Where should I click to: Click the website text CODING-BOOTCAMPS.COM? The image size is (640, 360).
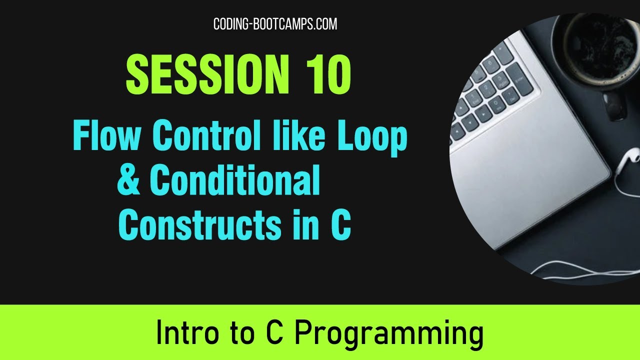point(275,24)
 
